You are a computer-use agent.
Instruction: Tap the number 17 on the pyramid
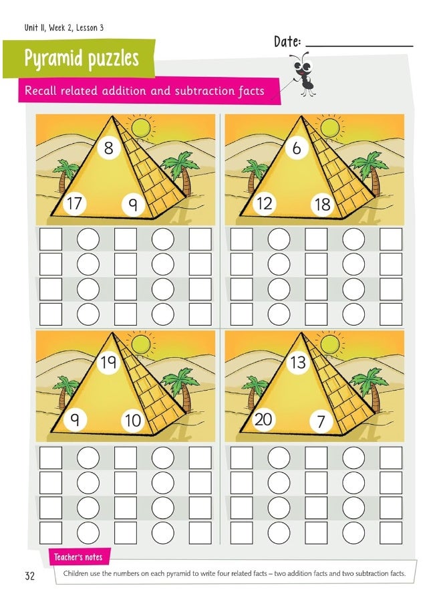[x=73, y=203]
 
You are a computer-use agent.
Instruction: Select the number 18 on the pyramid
[x=323, y=204]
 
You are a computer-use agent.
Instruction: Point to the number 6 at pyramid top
[x=297, y=148]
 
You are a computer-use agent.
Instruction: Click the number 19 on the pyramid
[x=108, y=363]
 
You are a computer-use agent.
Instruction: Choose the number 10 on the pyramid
[x=133, y=420]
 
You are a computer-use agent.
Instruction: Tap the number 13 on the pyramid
[x=297, y=363]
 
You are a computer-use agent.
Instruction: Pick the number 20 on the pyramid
[x=265, y=419]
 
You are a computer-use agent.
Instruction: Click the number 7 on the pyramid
[x=321, y=421]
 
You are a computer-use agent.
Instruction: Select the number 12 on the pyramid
[x=265, y=203]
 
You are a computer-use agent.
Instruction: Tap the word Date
[x=287, y=42]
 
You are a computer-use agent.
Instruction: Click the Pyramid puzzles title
[x=82, y=59]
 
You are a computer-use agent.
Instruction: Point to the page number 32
[x=30, y=576]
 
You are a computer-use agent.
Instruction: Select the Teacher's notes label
[x=78, y=557]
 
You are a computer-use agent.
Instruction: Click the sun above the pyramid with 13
[x=329, y=343]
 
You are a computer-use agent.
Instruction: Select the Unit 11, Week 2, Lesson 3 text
[x=63, y=27]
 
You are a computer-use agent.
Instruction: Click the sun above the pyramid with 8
[x=141, y=126]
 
